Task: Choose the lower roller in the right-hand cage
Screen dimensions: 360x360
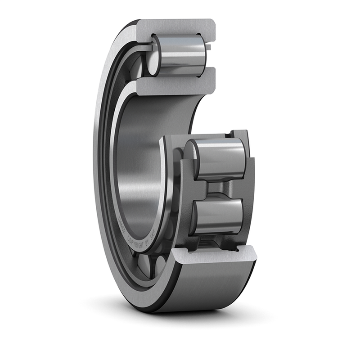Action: pyautogui.click(x=218, y=216)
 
